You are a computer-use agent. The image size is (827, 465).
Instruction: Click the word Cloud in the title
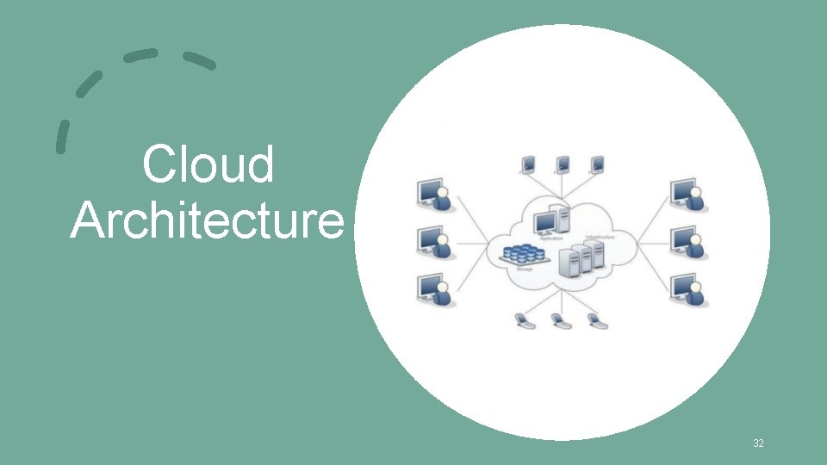pyautogui.click(x=208, y=165)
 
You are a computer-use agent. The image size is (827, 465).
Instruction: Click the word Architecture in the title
pyautogui.click(x=207, y=221)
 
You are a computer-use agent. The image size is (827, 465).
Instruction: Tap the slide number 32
pyautogui.click(x=758, y=443)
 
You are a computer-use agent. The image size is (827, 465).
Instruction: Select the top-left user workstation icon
pyautogui.click(x=433, y=195)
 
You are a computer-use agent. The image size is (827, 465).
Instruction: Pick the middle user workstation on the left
pyautogui.click(x=433, y=243)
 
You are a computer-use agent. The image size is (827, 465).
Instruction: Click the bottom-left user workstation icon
pyautogui.click(x=433, y=290)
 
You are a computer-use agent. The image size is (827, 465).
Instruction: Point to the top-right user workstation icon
pyautogui.click(x=687, y=195)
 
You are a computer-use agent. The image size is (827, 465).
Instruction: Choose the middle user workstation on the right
pyautogui.click(x=687, y=243)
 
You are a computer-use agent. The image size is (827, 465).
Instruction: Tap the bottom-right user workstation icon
pyautogui.click(x=687, y=290)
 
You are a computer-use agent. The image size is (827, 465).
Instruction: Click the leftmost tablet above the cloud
pyautogui.click(x=528, y=164)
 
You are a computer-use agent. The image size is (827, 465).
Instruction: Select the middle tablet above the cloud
pyautogui.click(x=563, y=164)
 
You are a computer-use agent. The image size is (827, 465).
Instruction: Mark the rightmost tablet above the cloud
pyautogui.click(x=597, y=164)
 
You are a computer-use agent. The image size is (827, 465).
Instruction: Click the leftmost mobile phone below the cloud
pyautogui.click(x=523, y=321)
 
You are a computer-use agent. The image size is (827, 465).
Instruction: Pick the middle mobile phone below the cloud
pyautogui.click(x=559, y=321)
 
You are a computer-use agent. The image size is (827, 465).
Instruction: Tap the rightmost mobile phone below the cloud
pyautogui.click(x=594, y=321)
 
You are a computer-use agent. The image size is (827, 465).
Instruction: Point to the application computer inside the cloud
pyautogui.click(x=551, y=220)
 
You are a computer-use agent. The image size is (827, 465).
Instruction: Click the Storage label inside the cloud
pyautogui.click(x=524, y=270)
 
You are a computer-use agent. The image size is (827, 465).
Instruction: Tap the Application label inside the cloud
pyautogui.click(x=551, y=238)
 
